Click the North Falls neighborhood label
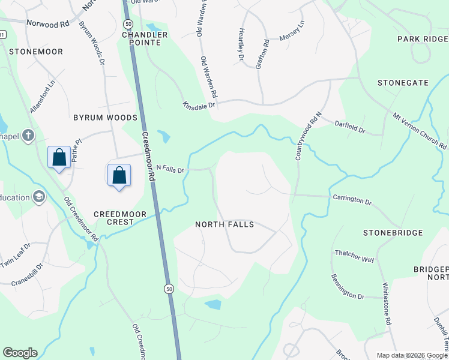tap(224, 224)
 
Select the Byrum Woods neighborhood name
tap(106, 118)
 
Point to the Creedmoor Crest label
tap(113, 218)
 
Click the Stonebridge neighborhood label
tap(393, 232)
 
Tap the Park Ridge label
tap(423, 39)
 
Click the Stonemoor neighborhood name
tap(35, 52)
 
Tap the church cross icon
tap(28, 136)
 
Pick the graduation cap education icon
tap(39, 197)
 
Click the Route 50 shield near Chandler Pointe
tap(128, 23)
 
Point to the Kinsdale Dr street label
tap(199, 105)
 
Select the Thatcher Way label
tap(354, 256)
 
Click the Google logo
tap(20, 353)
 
